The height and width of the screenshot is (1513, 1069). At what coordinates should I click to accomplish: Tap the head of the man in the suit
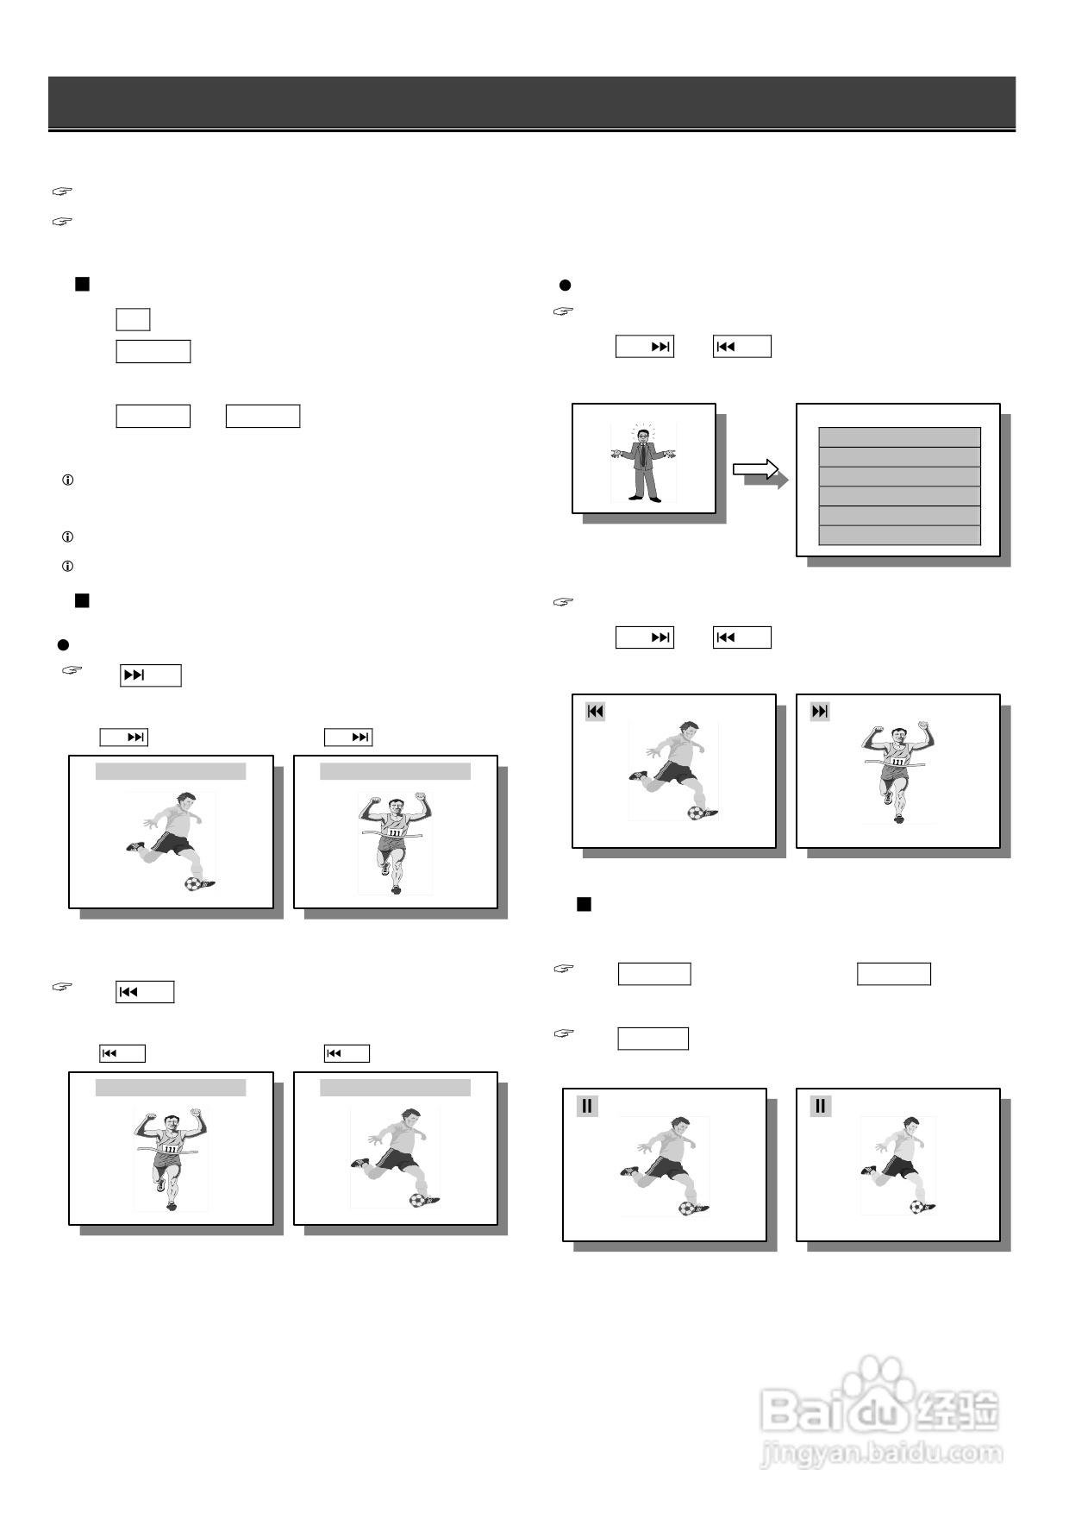(643, 435)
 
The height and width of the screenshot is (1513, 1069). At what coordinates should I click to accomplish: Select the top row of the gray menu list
(899, 436)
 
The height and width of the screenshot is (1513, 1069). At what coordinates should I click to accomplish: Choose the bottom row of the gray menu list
(899, 536)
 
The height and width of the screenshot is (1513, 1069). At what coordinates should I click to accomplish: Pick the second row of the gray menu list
(899, 456)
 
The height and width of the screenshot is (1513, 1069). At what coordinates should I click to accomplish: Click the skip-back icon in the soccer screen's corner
(595, 712)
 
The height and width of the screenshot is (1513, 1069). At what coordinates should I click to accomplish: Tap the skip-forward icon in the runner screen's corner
(820, 712)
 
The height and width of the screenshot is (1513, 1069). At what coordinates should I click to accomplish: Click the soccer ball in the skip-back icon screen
(697, 812)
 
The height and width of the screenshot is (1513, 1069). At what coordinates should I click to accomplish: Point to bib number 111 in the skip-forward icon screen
(898, 762)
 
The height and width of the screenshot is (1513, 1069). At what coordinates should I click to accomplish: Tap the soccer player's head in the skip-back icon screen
(687, 731)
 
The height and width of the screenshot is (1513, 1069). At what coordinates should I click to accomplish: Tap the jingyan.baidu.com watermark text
(881, 1453)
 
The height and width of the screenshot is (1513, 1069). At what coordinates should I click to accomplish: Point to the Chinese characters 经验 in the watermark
(957, 1411)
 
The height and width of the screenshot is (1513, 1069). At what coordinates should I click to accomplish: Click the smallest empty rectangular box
(133, 319)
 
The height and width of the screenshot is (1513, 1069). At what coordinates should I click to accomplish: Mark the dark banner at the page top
(531, 102)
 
